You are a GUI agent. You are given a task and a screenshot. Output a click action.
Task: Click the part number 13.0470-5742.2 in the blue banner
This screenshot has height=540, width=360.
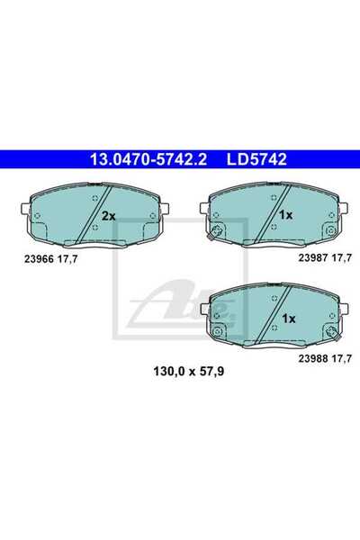[148, 160]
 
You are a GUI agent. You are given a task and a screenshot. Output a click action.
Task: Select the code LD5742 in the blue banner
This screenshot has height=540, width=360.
[256, 160]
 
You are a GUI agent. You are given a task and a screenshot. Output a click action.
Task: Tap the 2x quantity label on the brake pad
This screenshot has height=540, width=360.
[109, 216]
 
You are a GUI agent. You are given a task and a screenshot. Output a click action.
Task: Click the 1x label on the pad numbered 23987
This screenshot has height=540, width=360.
[285, 216]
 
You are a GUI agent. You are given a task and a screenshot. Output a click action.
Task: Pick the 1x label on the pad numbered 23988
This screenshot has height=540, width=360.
[289, 319]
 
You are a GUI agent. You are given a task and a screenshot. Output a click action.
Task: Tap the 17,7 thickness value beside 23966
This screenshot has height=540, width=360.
[67, 259]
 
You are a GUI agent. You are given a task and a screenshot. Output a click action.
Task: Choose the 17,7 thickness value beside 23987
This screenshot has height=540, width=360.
[342, 258]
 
